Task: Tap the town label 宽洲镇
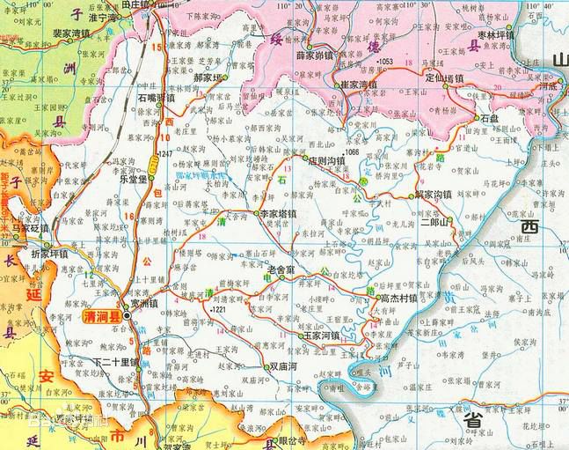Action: (x=142, y=304)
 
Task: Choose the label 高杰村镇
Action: (x=398, y=298)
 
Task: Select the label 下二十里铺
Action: (x=115, y=361)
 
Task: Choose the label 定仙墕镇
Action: (x=444, y=77)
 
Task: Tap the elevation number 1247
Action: (x=165, y=154)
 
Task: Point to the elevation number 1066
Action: (x=353, y=152)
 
